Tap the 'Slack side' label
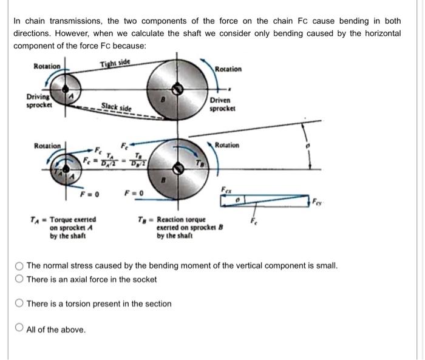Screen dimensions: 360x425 coord(116,107)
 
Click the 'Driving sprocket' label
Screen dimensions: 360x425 coord(38,101)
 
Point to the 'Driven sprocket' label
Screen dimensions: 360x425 coord(221,104)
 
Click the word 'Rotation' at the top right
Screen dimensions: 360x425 coord(228,69)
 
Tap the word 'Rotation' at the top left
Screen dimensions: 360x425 coord(47,66)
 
